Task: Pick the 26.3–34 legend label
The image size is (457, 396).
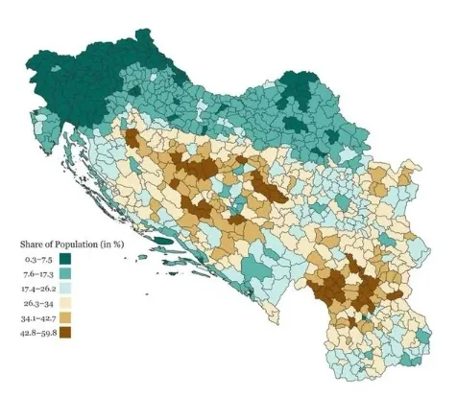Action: pyautogui.click(x=40, y=304)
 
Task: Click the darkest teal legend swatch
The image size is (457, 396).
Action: pyautogui.click(x=67, y=259)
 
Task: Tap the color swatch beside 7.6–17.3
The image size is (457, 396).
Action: pyautogui.click(x=67, y=274)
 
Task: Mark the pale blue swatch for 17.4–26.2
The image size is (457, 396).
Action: pyautogui.click(x=67, y=289)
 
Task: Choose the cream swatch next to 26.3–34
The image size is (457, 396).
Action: pyautogui.click(x=67, y=304)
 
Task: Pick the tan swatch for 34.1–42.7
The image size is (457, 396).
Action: pyautogui.click(x=67, y=318)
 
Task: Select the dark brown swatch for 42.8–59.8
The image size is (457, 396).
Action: pyautogui.click(x=67, y=334)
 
